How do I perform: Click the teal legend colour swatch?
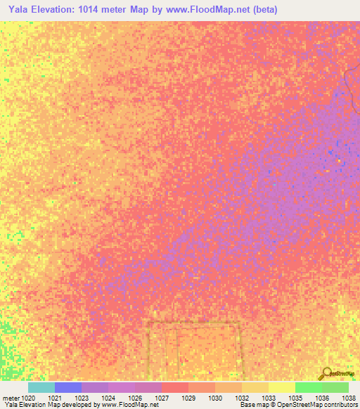[x=41, y=387]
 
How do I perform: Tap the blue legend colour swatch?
[x=68, y=387]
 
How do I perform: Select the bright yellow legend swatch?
[x=282, y=387]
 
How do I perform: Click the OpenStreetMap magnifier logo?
[x=326, y=374]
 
